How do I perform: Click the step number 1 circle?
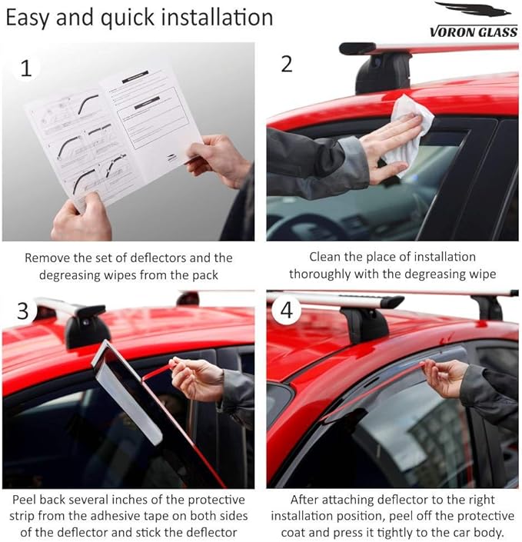pyautogui.click(x=25, y=68)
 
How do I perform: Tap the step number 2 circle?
pyautogui.click(x=287, y=63)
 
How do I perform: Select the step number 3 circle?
pyautogui.click(x=23, y=311)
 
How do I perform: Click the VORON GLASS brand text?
pyautogui.click(x=472, y=32)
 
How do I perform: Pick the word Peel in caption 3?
pyautogui.click(x=26, y=500)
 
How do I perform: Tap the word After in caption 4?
pyautogui.click(x=307, y=500)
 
